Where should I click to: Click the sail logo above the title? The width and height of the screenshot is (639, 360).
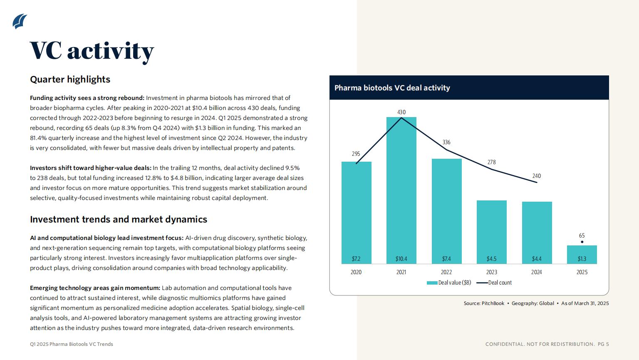(x=20, y=21)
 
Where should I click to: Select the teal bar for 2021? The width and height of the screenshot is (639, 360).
(x=401, y=190)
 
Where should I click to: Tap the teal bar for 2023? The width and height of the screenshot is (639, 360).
(x=491, y=232)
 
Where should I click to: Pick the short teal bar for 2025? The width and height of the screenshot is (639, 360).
(x=582, y=255)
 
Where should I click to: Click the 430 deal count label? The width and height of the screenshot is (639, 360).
(x=401, y=112)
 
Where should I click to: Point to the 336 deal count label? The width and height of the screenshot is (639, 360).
(x=446, y=142)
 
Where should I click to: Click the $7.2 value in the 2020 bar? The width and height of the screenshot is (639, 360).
(x=356, y=259)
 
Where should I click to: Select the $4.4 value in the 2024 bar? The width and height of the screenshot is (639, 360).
(x=537, y=259)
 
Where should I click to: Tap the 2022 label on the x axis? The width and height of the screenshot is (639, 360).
(x=446, y=272)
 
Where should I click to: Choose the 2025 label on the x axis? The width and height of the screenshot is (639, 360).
(x=582, y=272)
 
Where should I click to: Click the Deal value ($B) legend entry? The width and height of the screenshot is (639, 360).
(x=449, y=282)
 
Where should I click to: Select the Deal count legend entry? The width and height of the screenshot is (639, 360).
(x=494, y=282)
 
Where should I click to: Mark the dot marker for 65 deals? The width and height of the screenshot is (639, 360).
(x=582, y=242)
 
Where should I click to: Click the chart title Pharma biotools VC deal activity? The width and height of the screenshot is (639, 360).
(x=392, y=88)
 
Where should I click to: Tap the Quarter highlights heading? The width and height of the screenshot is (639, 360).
(x=70, y=79)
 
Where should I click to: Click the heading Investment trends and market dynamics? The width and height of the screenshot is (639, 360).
(x=119, y=219)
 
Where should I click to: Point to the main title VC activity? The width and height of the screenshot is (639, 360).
(x=92, y=51)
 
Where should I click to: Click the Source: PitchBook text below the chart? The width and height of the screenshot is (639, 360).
(x=484, y=303)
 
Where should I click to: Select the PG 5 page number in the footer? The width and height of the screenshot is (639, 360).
(x=603, y=344)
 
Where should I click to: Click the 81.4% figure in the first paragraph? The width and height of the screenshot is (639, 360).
(x=38, y=138)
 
